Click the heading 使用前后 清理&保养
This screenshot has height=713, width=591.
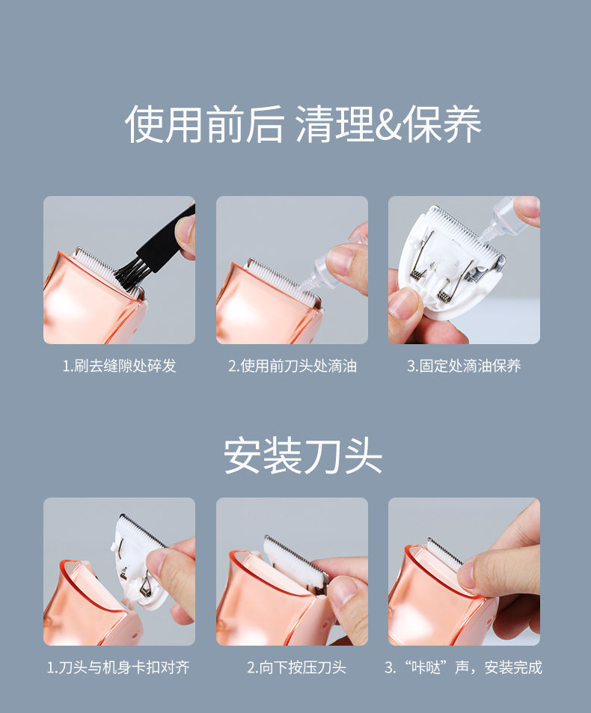point(303,124)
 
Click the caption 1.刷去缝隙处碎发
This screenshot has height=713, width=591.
point(119,366)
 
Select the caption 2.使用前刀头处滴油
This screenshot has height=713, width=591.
point(292,366)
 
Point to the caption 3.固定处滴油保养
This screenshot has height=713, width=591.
point(464,366)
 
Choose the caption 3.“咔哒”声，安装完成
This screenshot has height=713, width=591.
point(463,667)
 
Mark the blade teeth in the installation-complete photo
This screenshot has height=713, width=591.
point(444,554)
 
